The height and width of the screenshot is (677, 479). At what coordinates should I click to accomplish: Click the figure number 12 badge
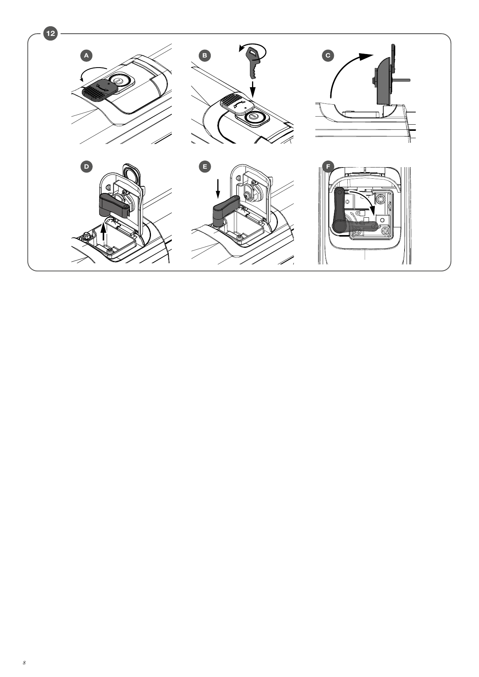click(x=51, y=34)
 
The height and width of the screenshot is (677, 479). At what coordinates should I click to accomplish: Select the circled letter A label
click(x=86, y=56)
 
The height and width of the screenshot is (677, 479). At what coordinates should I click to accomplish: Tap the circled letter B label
click(x=205, y=56)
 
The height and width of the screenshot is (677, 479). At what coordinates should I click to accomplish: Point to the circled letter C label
click(x=328, y=56)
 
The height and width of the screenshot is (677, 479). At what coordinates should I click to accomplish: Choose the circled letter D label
click(x=86, y=167)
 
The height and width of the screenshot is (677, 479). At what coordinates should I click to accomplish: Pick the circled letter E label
click(x=205, y=167)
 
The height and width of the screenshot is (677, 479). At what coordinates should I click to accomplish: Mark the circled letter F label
click(x=328, y=167)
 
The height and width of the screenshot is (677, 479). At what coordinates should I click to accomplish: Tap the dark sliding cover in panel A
click(x=100, y=90)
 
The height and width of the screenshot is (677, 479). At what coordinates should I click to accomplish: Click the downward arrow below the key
click(x=253, y=88)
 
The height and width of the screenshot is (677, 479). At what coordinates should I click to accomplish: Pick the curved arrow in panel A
click(x=93, y=71)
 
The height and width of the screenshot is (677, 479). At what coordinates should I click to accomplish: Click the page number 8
click(x=24, y=663)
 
